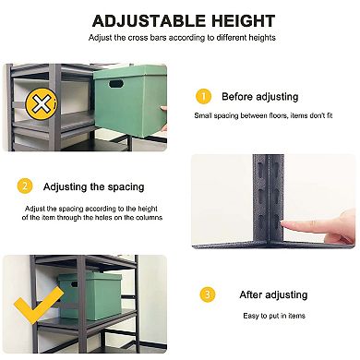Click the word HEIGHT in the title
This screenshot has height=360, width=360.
(x=239, y=20)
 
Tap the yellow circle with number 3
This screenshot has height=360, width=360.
(x=208, y=294)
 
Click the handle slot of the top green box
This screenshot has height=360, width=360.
(x=114, y=85)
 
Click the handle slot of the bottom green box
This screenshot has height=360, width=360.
(x=69, y=293)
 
